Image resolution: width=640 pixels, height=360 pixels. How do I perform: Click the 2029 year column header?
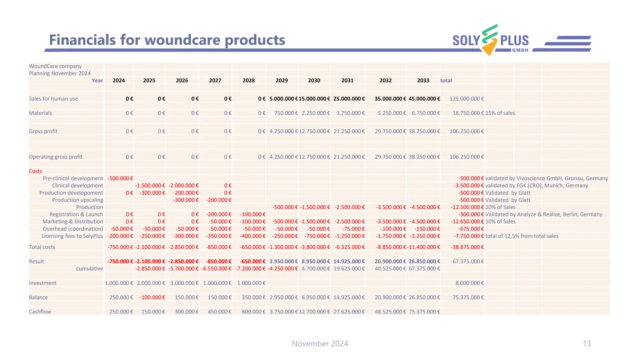[282, 81]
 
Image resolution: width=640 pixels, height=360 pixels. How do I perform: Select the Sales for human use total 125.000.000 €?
[466, 99]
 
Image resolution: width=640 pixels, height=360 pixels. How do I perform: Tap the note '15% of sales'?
[500, 113]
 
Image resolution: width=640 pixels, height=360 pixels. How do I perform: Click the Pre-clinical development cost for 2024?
[120, 178]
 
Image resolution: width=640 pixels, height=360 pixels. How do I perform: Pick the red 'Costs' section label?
[35, 171]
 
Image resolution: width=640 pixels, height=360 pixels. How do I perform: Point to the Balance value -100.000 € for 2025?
[152, 297]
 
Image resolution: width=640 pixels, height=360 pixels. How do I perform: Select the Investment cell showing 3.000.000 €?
[184, 283]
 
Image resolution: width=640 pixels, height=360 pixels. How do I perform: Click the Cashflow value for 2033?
[424, 312]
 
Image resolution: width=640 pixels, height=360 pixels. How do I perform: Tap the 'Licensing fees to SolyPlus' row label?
[72, 236]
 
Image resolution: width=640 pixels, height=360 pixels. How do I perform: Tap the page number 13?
[587, 344]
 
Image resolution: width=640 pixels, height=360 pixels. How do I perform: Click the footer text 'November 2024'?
[320, 344]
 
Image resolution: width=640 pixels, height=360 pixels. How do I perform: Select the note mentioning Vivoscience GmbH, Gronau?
[546, 178]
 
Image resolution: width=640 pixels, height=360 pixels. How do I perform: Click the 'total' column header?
[446, 81]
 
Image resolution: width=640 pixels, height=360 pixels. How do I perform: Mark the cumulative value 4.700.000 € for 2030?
[315, 269]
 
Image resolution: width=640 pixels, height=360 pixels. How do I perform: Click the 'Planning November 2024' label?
[60, 73]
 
